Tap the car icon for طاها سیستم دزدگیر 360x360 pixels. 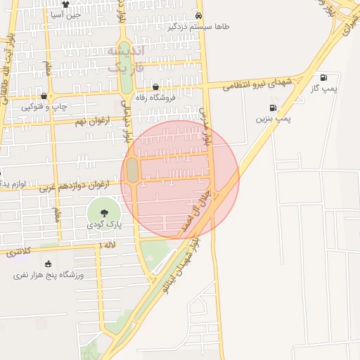click(x=199, y=15)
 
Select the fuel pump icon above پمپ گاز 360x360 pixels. click(x=323, y=78)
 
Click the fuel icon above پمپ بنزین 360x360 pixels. click(x=271, y=108)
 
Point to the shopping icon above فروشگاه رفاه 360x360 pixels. click(x=155, y=87)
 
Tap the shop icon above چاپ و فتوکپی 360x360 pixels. click(x=44, y=96)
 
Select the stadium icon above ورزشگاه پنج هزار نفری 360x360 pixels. click(x=48, y=264)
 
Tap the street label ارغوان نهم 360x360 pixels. click(x=87, y=121)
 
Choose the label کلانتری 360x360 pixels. click(x=19, y=252)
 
